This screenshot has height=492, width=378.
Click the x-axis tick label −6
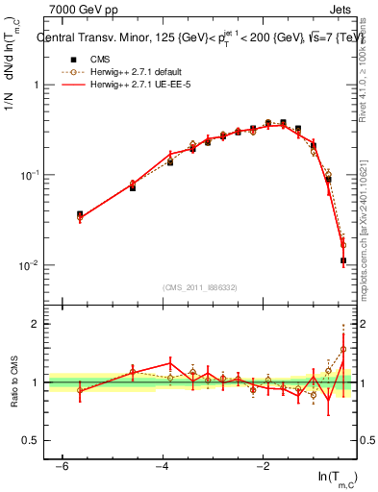coord(61,465)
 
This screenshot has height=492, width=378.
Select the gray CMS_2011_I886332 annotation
coord(200,287)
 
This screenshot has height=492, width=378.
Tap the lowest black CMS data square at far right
coord(343,260)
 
